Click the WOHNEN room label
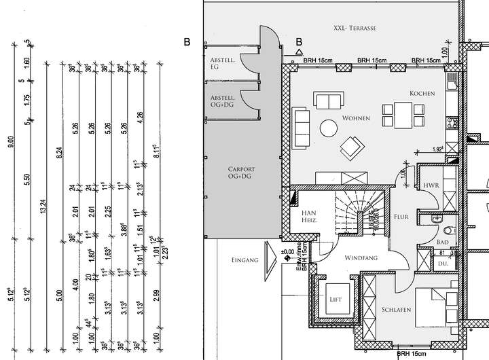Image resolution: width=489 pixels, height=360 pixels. (x=356, y=119)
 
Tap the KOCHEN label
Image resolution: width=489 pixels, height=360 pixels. (x=422, y=93)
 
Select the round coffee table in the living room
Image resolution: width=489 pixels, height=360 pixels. (x=329, y=127)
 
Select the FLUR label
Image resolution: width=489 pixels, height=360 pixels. (x=402, y=217)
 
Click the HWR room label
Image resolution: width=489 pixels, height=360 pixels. (x=429, y=185)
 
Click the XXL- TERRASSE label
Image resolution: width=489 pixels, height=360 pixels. (x=355, y=28)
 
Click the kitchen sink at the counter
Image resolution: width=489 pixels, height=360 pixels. (x=452, y=86)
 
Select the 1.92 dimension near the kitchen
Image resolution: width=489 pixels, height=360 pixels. (x=438, y=148)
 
